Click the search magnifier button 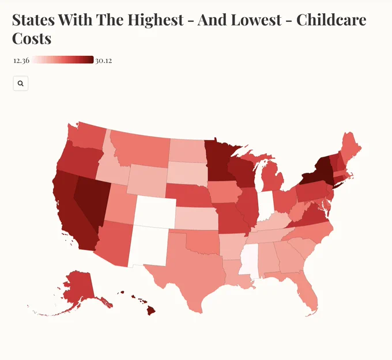[21, 84]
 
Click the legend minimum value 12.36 [21, 60]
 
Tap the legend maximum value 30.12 [104, 60]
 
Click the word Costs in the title [32, 39]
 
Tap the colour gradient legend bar [63, 60]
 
